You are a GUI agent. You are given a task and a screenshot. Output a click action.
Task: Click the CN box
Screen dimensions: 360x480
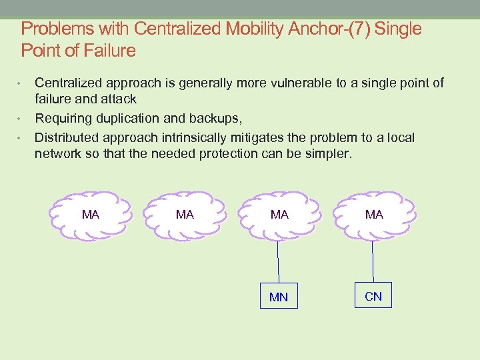pos(373,295)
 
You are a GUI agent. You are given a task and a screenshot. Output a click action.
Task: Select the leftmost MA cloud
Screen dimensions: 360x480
pos(91,215)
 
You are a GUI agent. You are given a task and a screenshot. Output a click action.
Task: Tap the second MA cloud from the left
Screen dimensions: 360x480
pos(185,215)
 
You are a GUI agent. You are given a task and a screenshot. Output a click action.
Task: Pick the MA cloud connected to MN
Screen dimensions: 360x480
pos(279,215)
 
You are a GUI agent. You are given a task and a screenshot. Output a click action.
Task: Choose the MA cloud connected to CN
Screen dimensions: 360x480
pos(374,215)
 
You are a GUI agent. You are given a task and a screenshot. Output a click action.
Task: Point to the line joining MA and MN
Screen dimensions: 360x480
pos(278,261)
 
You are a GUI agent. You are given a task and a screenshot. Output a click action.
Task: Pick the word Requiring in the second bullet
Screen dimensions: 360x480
pos(62,118)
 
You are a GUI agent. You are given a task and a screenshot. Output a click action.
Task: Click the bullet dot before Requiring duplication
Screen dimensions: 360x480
pos(20,119)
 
